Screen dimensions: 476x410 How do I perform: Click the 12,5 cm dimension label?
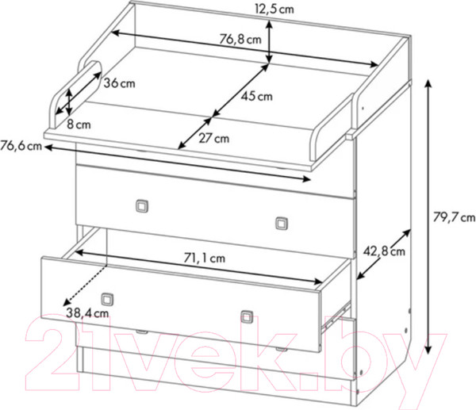pos(274,9)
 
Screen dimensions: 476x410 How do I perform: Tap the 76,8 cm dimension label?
pos(240,39)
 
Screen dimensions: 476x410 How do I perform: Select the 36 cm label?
pos(119,83)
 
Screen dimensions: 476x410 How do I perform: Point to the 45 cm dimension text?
pos(257,96)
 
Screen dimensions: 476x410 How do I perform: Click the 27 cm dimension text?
pos(214,139)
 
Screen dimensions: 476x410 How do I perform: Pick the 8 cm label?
pos(79,125)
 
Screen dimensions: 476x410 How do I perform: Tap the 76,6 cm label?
pos(21,146)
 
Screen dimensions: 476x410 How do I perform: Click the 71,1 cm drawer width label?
pos(205,258)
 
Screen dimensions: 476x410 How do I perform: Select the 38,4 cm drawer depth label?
pos(87,313)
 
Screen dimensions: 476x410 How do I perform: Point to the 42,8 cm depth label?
pos(384,251)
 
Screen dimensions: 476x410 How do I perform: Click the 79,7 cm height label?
pos(454,217)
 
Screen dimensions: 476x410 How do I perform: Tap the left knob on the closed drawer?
pos(142,205)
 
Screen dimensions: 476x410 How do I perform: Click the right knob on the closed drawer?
pos(282,224)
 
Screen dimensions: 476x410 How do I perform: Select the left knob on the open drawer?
pos(107,299)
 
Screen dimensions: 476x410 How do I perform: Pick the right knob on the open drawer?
pos(247,316)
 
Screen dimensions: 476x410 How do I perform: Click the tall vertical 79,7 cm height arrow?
pos(428,216)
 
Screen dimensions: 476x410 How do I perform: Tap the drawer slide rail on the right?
pos(336,316)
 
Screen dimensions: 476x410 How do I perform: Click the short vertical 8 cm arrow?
pos(69,102)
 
